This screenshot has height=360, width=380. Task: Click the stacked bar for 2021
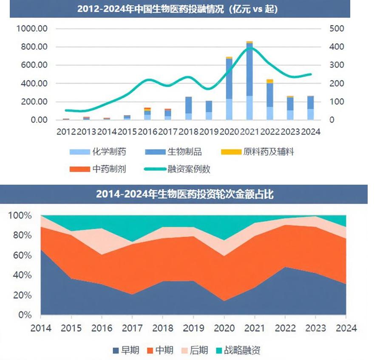250,81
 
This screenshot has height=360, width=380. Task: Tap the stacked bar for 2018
188,108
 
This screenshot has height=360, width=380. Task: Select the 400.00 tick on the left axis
33,84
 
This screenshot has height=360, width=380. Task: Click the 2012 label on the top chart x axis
66,132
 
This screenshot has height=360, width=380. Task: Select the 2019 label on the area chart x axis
193,328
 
